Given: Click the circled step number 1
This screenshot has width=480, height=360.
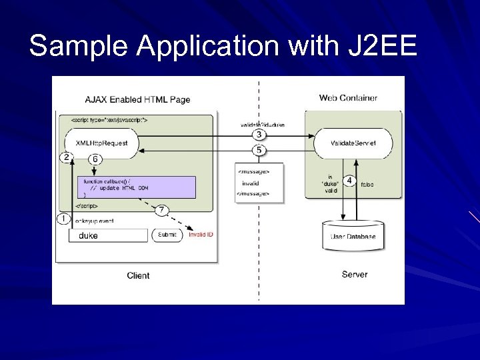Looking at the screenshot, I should point(65,219).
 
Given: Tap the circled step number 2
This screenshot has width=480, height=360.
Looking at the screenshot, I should point(65,157).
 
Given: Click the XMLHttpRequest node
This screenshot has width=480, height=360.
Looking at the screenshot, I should point(101,143).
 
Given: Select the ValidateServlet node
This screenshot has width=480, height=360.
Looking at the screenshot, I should point(353,143).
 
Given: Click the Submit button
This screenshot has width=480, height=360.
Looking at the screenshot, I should point(167,235).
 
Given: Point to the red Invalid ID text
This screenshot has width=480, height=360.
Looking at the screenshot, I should point(201,235).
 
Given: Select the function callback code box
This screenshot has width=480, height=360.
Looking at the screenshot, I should point(137,187).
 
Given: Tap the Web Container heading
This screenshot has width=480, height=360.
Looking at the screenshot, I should point(348,98).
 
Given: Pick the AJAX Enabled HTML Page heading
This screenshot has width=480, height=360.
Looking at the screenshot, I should point(137,99).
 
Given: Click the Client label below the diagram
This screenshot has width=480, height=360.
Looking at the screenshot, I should point(138,275).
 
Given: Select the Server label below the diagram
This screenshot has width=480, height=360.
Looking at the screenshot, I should point(355,274).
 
